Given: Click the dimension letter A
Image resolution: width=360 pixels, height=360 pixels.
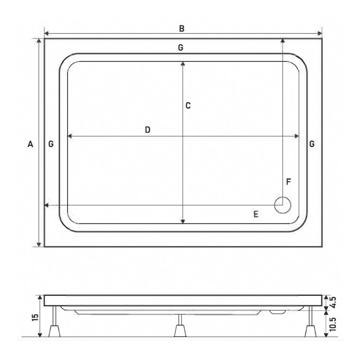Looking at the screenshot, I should [31, 144].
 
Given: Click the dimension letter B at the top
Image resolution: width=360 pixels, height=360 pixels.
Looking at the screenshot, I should [181, 29].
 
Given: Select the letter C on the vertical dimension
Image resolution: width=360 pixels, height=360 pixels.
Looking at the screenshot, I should [188, 106].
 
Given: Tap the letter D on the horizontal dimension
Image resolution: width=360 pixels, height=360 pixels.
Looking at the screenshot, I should [147, 130].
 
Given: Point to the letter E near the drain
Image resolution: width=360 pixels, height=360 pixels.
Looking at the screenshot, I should [256, 215].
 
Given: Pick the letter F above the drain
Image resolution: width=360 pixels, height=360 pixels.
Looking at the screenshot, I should [288, 182].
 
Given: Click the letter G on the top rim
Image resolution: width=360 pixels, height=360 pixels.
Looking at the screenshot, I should [181, 48].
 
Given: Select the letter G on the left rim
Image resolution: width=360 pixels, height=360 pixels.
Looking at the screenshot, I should [51, 144].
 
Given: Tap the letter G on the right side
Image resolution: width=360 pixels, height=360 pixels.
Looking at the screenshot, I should [312, 144].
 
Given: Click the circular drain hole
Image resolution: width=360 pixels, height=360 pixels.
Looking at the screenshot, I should [283, 205].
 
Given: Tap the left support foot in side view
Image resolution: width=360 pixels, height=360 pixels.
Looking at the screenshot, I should [55, 330].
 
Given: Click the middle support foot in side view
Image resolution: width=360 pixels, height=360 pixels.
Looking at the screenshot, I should [180, 330].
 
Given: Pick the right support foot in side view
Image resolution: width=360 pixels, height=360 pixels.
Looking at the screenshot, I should [310, 330].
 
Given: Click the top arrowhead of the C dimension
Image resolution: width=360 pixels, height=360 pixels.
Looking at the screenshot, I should [183, 64].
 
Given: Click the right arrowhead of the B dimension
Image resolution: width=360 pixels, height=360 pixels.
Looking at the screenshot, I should [320, 34].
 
